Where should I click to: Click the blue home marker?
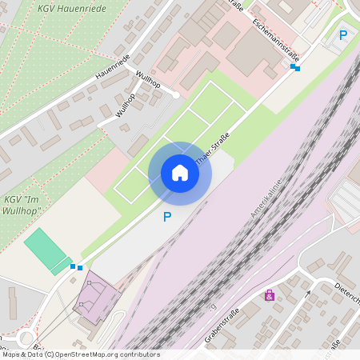pyautogui.click(x=180, y=173)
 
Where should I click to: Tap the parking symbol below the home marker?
pyautogui.click(x=167, y=217)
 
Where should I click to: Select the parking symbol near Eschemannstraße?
pyautogui.click(x=343, y=34)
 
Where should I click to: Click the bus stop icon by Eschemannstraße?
pyautogui.click(x=295, y=68)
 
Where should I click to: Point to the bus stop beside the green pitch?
pyautogui.click(x=76, y=266)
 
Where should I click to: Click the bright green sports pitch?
pyautogui.click(x=46, y=249)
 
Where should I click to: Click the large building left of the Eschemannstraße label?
pyautogui.click(x=252, y=52)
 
